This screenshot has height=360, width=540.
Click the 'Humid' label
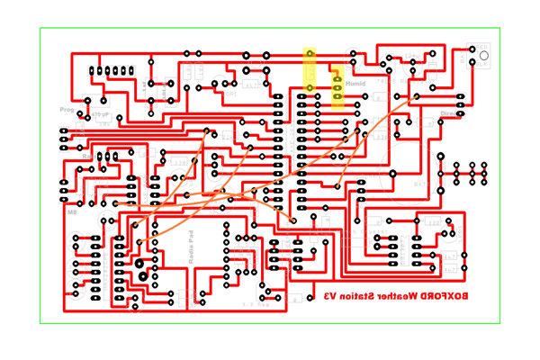(355, 84)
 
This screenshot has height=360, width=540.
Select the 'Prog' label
(67, 110)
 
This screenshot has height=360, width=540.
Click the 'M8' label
(72, 212)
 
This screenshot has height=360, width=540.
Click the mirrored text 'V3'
(331, 296)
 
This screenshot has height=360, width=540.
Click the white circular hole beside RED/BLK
(484, 56)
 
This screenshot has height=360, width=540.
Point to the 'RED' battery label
(484, 47)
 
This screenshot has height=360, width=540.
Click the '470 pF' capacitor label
(99, 115)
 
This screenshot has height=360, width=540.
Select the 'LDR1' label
(230, 94)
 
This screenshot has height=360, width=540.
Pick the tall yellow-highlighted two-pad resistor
(310, 70)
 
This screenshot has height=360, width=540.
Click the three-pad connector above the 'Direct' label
(447, 97)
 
